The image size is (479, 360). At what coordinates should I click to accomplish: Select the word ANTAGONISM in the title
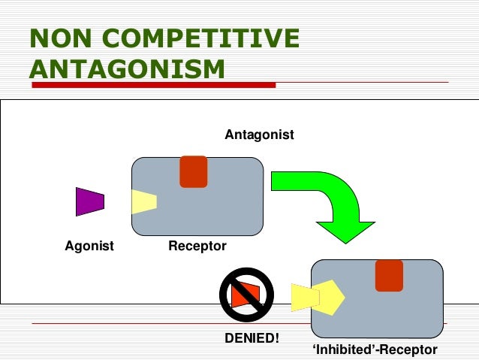pos(128,68)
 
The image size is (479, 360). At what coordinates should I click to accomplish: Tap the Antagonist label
pos(259,135)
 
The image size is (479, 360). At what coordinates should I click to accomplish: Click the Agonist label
pos(89,246)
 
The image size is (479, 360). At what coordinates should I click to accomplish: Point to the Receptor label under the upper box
pos(197,246)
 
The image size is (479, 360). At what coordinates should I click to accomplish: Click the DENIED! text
pos(252,338)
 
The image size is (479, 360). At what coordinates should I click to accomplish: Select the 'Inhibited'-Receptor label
pos(374,350)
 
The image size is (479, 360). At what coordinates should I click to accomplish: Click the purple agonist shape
pos(89,201)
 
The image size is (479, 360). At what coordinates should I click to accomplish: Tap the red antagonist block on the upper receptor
pos(193,171)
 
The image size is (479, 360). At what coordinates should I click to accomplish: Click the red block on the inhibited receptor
pos(389,276)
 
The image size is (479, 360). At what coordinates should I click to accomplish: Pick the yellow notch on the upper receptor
pos(143,201)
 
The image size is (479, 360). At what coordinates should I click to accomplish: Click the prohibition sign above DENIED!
pos(246,295)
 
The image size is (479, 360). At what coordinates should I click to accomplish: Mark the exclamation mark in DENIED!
pos(276,338)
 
